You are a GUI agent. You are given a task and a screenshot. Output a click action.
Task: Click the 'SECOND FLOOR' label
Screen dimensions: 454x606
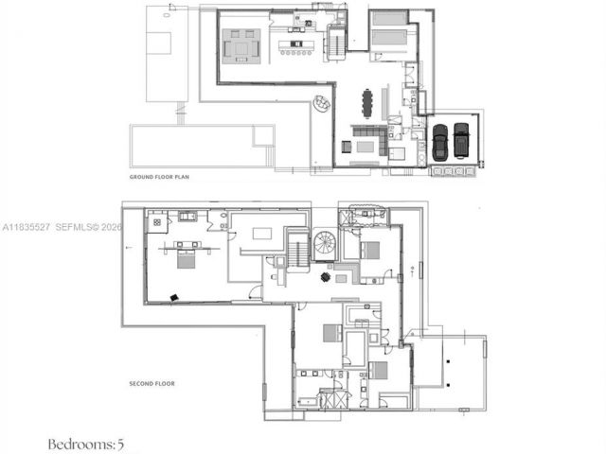151,384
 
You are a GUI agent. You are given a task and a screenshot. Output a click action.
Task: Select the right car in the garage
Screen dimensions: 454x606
461,141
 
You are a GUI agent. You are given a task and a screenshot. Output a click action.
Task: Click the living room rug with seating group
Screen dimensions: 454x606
241,44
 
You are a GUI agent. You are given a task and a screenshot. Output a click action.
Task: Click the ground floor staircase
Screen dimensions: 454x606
337,42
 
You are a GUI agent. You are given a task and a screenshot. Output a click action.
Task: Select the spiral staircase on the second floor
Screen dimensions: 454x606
326,243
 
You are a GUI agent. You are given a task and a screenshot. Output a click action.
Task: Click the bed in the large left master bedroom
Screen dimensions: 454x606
186,258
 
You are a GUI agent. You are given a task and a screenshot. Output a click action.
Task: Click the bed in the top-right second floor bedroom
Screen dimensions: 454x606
368,250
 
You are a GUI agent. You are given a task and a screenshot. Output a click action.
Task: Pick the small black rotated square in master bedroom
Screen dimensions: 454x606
174,297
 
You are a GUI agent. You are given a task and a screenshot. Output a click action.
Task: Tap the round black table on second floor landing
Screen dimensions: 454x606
326,277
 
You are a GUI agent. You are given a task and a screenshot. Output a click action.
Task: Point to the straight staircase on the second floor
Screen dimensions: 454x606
296,252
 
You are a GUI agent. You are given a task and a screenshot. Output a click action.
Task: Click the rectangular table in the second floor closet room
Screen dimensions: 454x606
262,233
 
